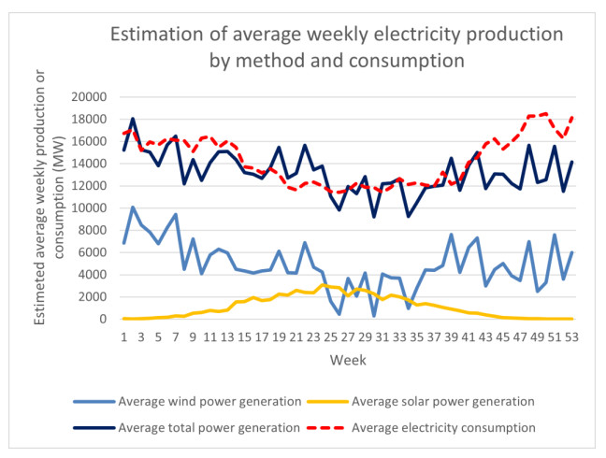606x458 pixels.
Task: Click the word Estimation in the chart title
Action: point(155,36)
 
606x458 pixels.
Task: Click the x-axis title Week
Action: point(346,358)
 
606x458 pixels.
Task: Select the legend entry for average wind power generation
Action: point(209,401)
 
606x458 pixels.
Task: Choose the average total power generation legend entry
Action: point(209,427)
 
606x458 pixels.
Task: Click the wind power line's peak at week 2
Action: point(133,208)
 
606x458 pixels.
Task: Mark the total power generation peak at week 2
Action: point(133,119)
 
